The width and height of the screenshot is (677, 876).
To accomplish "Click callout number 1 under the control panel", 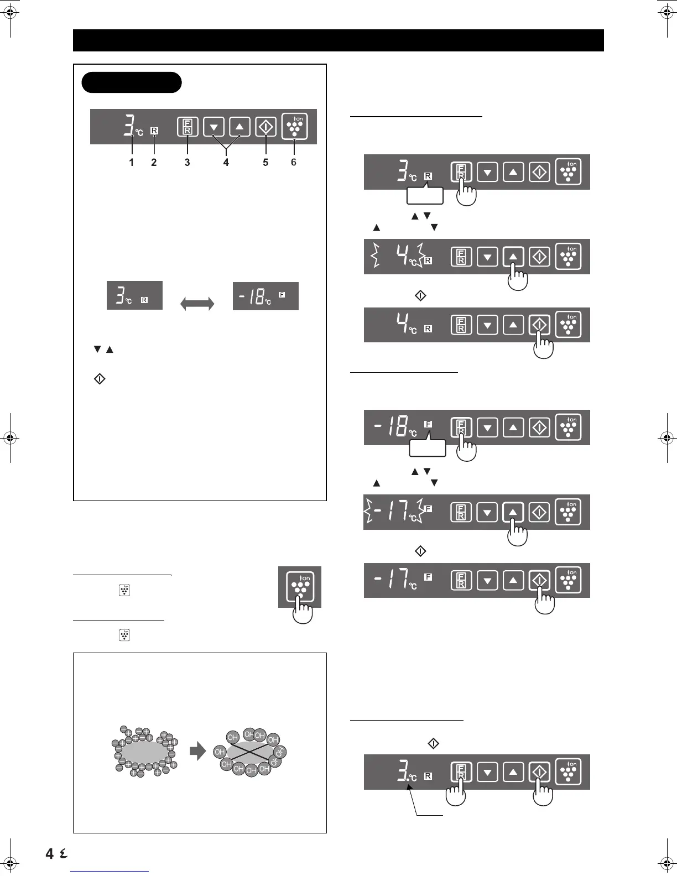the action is tap(132, 163).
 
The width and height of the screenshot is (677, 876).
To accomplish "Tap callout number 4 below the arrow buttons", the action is tap(226, 163).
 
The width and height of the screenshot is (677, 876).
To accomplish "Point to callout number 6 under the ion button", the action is tap(294, 163).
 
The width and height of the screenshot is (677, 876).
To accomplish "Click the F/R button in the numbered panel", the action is tap(188, 127).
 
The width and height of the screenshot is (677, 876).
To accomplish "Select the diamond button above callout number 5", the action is tap(265, 127).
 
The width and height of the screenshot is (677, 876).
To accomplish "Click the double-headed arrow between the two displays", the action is tap(197, 304).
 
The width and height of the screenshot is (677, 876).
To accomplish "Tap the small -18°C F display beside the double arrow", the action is tap(265, 296).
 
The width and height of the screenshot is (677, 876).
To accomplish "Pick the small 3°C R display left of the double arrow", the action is tap(134, 295).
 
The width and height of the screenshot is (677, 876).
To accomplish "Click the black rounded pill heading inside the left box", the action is tap(132, 82).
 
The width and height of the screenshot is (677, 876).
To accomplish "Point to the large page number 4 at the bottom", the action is tap(50, 853).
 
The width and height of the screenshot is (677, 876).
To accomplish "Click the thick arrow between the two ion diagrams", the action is tap(197, 751).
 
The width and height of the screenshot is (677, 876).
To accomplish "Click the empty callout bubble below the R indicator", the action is tap(425, 195).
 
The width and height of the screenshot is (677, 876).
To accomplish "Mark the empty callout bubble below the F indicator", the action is tap(428, 447).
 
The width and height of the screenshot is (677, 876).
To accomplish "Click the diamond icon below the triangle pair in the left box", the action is tap(100, 379).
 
